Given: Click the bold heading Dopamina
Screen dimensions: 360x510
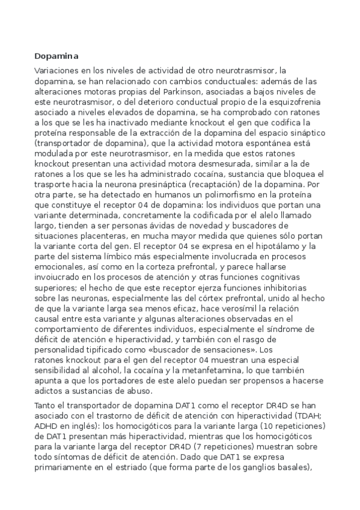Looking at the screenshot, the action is pos(56,56).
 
